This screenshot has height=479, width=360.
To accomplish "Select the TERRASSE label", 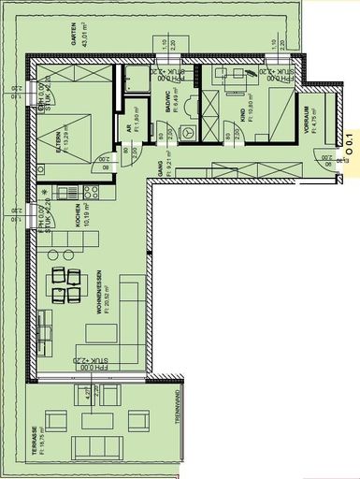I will [x=35, y=441].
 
